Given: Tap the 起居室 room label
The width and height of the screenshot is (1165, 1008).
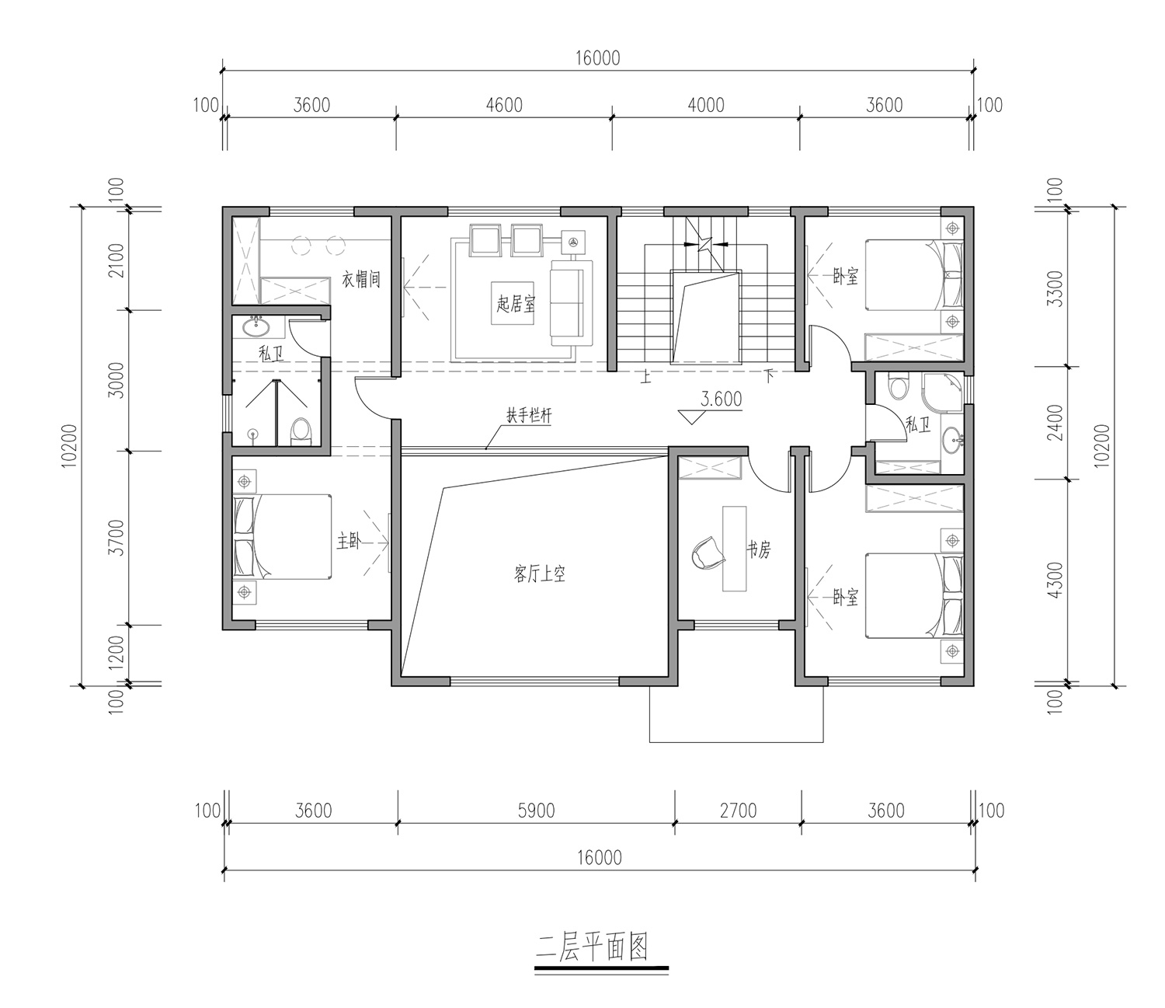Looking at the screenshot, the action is point(516,304).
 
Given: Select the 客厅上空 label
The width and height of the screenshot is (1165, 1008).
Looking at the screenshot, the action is point(539,574).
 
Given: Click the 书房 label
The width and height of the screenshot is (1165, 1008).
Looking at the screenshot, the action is point(759,549).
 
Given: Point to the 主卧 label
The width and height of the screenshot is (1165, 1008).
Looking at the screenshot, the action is point(348,542).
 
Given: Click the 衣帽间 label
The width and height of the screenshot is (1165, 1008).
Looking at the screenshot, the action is point(361,279).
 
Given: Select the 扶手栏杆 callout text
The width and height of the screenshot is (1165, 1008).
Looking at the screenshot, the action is point(529,416).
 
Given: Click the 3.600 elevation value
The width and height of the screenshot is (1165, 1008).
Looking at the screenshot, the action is point(721,399).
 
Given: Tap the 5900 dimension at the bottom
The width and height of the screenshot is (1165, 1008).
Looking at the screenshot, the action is point(536,811).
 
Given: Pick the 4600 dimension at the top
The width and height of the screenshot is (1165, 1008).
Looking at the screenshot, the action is point(504,105).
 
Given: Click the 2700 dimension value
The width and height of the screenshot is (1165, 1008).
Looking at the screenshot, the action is point(738,811).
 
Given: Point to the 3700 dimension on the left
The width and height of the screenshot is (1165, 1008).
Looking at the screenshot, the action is point(116,538).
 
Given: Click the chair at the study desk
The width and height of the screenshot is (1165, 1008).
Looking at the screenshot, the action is point(708,553).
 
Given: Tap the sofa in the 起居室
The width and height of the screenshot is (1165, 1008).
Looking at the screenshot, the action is point(571,303).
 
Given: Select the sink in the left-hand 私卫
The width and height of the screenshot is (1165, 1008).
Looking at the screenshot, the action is point(256,326).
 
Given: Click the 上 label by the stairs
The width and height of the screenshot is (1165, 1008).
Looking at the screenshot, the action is point(646,377).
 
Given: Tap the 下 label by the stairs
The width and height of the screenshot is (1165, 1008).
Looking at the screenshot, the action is point(768,376).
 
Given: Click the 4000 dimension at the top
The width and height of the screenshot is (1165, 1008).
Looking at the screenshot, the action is point(706,105).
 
